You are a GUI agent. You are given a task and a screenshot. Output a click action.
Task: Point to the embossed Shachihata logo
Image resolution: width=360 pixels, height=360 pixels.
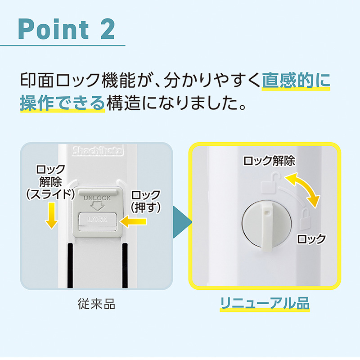coord(98,151)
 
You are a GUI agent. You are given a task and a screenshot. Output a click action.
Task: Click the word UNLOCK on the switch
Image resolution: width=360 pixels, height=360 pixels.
coord(97,198)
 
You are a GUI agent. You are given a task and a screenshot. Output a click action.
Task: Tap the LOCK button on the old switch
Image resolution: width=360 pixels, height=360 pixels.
coord(98,220)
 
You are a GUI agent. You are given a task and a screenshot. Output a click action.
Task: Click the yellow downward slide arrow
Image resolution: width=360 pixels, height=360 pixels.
coord(51,216)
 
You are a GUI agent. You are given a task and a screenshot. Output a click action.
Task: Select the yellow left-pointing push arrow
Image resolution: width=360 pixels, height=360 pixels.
coord(133,222)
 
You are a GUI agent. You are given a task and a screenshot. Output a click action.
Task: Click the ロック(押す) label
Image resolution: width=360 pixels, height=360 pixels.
coord(145,202)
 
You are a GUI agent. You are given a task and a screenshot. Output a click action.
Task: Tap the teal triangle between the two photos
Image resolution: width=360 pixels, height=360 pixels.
coord(182,222)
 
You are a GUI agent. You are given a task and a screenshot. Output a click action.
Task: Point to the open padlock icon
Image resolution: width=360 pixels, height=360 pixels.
coord(271,183)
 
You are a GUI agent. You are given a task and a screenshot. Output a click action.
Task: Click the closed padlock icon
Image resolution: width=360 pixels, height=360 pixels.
coord(305,219)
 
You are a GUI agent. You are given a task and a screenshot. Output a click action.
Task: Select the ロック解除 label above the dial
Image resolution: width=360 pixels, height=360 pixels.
coord(269,161)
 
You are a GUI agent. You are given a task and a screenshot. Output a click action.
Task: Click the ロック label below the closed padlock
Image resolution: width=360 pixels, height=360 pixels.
coord(311,239)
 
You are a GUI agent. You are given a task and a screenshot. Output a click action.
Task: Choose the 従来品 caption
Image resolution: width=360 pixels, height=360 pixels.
coord(96,304)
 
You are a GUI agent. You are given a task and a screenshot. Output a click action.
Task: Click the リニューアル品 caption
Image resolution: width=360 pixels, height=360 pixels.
coord(265,303)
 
